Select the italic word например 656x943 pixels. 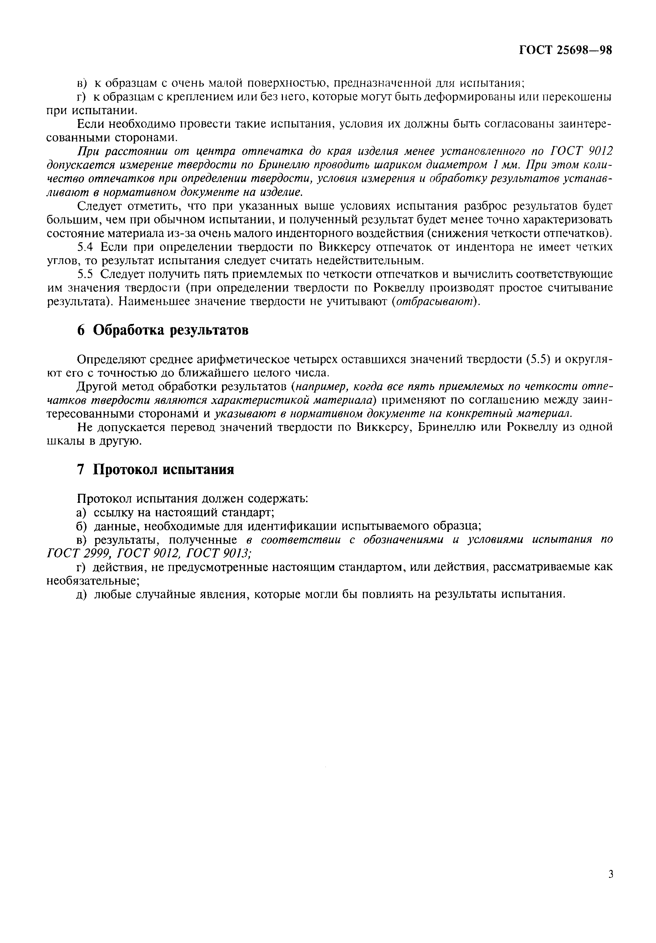coord(324,387)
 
